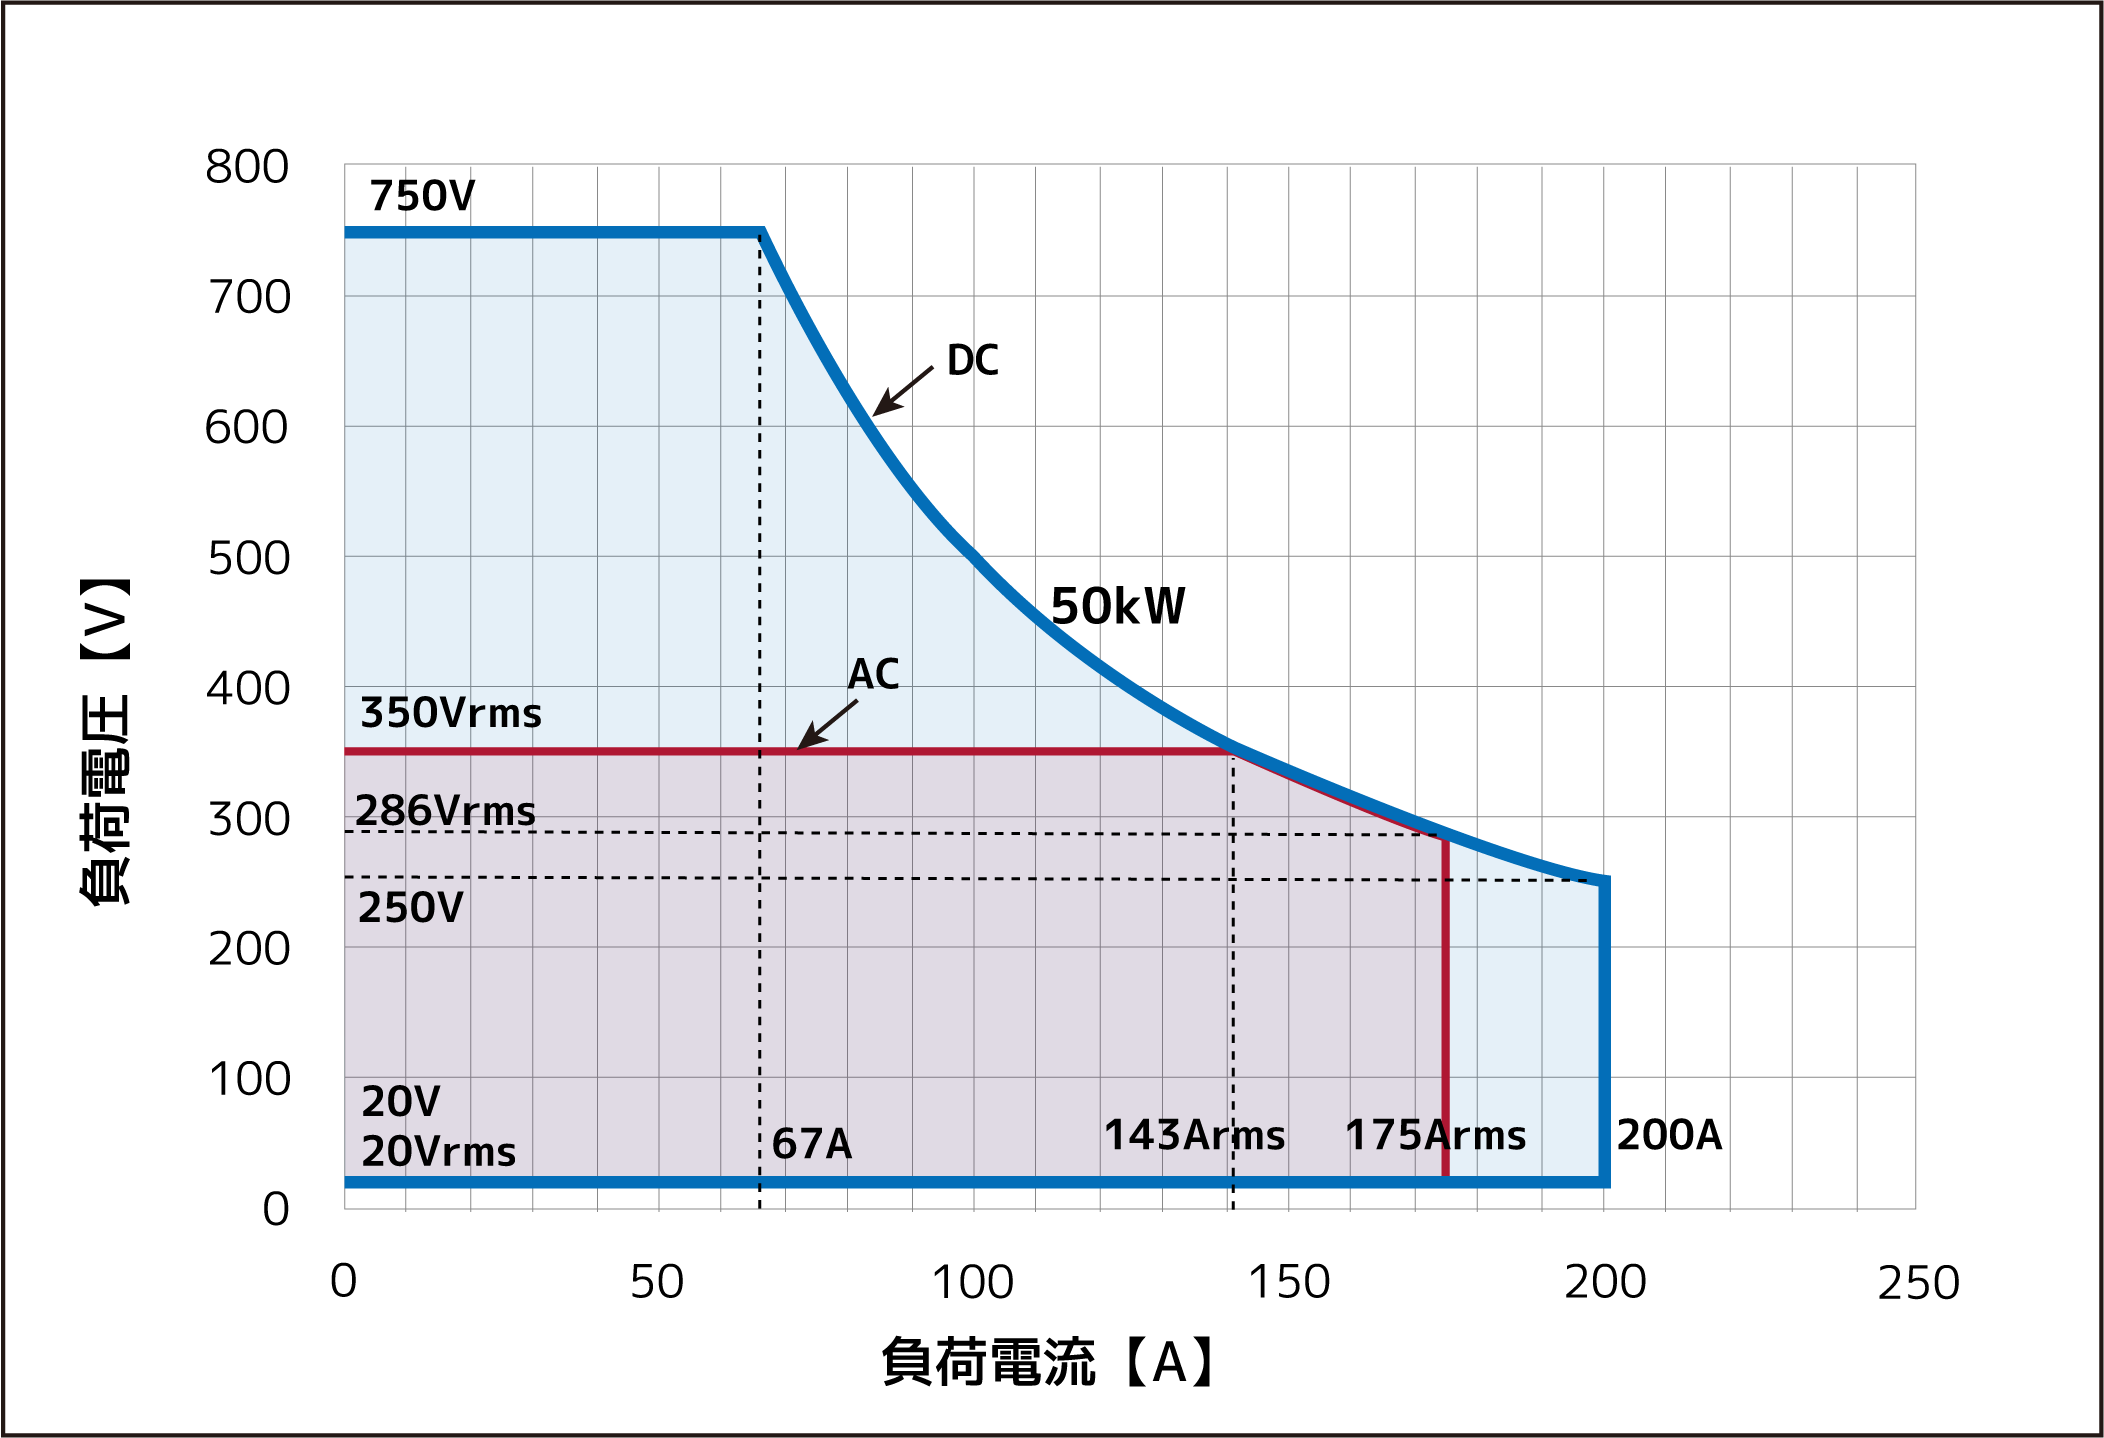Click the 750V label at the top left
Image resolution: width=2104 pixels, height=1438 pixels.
point(422,196)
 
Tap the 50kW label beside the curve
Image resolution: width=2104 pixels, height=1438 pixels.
point(1117,607)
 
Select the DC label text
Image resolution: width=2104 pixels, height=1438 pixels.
point(972,360)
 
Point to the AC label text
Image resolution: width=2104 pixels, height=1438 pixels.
point(873,674)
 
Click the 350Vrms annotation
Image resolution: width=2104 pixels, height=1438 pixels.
point(451,713)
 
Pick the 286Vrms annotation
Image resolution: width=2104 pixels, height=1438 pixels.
point(445,810)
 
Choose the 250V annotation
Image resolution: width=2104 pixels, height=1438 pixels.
point(411,908)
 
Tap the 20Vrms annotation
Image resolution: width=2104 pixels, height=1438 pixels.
point(438,1152)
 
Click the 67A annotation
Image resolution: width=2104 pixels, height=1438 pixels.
point(812,1144)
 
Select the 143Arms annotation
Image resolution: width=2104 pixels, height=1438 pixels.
point(1194,1136)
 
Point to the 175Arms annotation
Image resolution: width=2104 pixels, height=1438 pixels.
point(1435,1136)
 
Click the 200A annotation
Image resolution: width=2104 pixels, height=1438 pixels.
point(1669,1135)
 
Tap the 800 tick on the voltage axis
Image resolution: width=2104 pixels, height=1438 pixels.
point(247,167)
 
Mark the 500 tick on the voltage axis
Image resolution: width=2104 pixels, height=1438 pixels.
point(248,558)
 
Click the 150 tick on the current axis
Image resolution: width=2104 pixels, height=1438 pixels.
point(1289,1282)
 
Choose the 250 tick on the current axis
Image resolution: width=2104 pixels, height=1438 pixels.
point(1918,1283)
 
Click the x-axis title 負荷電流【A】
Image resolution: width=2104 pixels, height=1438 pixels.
point(1049,1362)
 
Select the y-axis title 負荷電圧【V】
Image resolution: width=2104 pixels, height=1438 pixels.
point(105,741)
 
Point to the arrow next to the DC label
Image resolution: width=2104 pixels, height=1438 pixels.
point(902,391)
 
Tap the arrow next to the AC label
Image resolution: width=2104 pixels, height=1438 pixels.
point(827,724)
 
